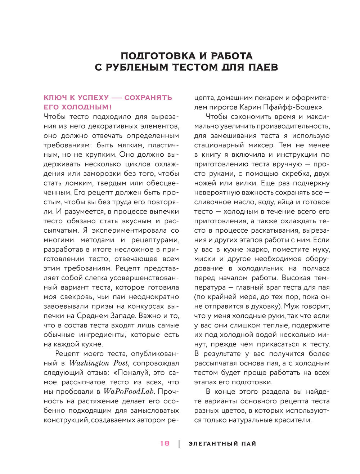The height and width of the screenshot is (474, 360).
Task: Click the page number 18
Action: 165,443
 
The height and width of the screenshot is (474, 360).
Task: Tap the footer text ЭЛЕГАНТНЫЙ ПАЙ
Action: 222,444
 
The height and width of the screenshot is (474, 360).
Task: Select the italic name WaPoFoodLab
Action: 129,392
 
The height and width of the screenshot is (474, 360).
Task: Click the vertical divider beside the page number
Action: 179,444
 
